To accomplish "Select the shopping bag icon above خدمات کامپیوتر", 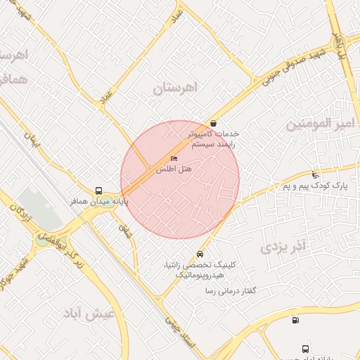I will coord(213,123).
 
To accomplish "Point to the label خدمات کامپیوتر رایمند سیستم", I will coord(214,139).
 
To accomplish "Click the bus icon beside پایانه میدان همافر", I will coord(98,191).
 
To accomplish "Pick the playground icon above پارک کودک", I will coord(315,174).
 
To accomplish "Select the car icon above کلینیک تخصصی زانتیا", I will coord(200,253).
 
